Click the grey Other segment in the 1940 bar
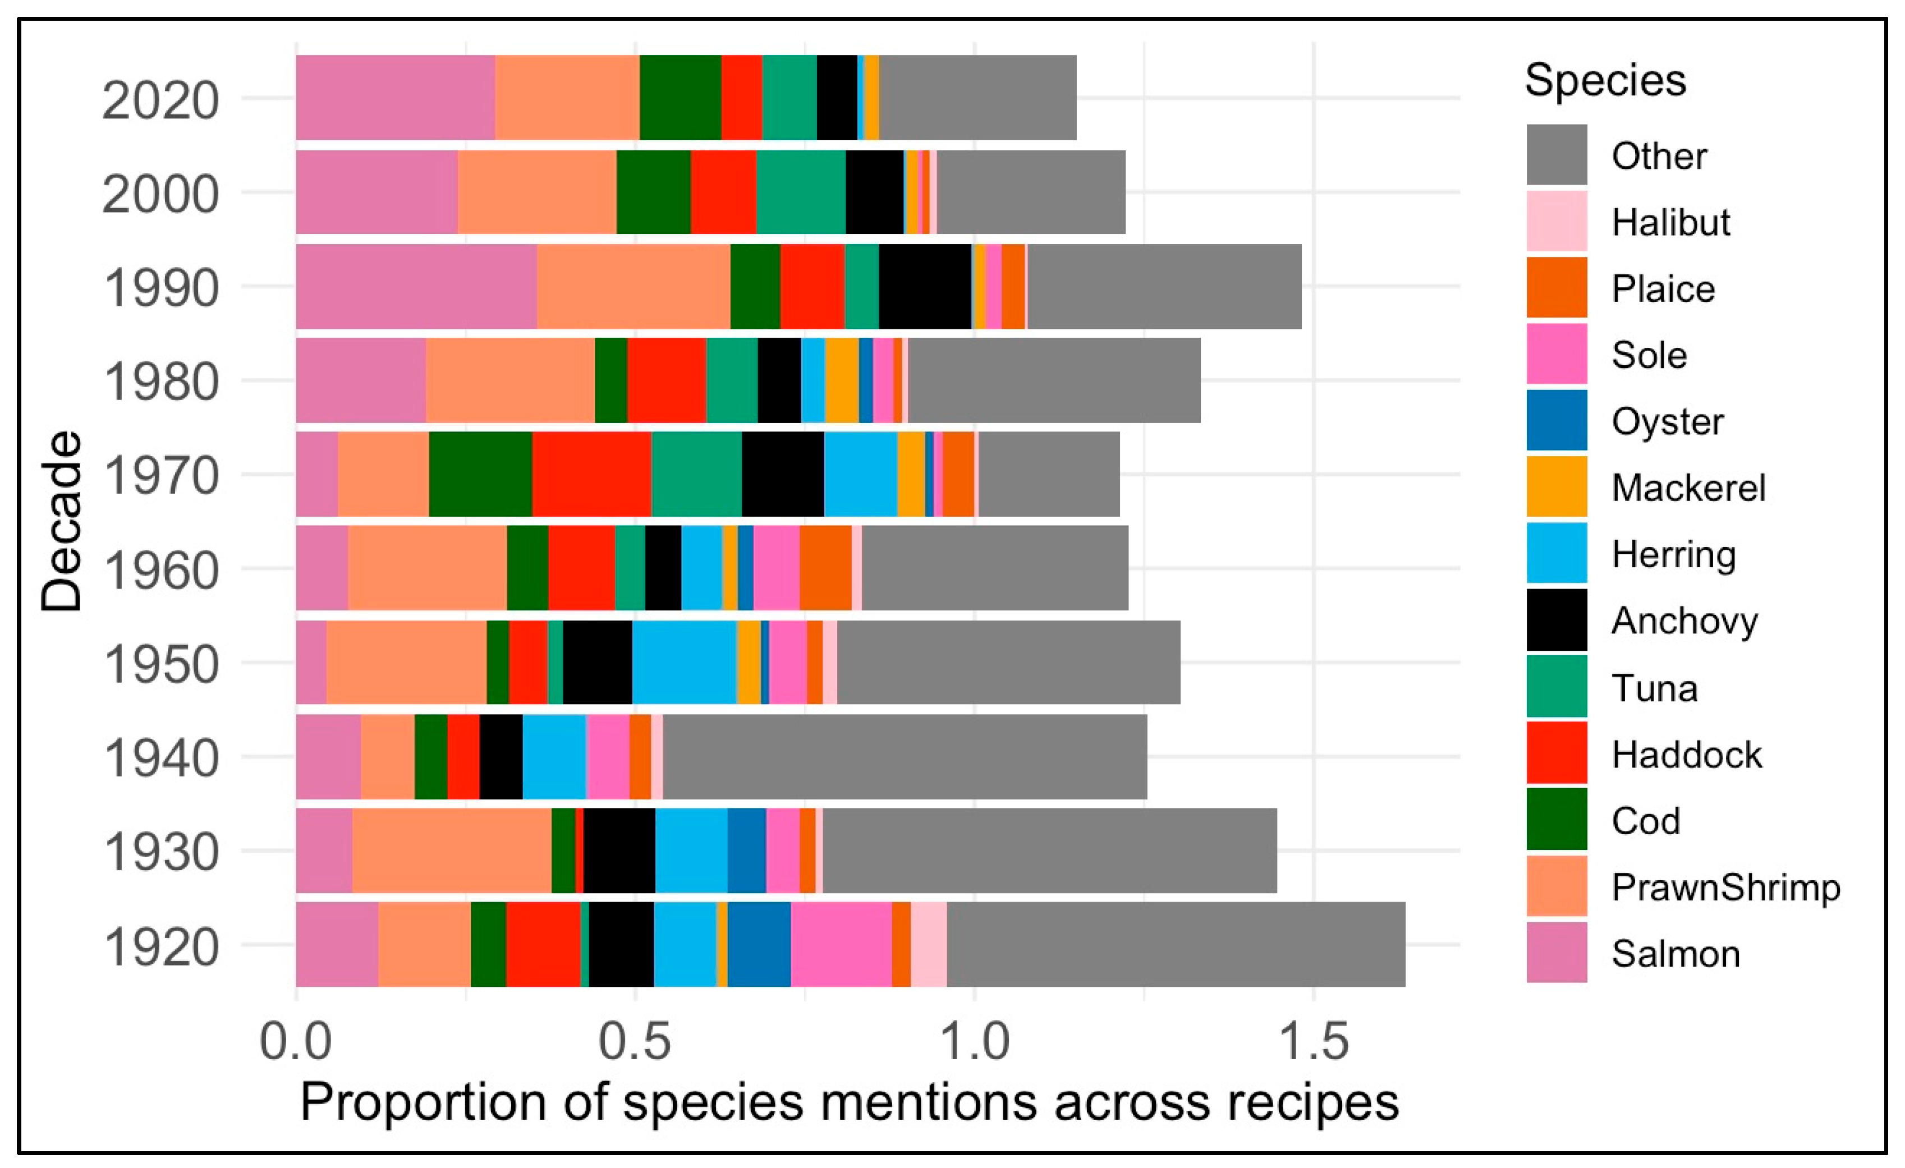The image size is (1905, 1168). coord(905,756)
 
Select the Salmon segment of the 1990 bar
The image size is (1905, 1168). coord(416,286)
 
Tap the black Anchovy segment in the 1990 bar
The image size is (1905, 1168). coord(925,286)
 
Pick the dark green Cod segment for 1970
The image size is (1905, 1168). coord(480,474)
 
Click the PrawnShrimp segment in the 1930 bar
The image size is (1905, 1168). coord(452,850)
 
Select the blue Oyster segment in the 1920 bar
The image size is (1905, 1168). coord(759,944)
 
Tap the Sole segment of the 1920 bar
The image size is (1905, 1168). coord(841,944)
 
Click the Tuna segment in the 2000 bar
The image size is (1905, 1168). coord(801,192)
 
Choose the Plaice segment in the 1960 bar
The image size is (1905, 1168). coord(825,568)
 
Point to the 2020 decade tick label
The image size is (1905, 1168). coord(161,100)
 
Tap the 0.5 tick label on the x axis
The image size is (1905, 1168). coord(634,1041)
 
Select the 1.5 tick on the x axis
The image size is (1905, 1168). coord(1314,1041)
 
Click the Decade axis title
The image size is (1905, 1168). coord(62,521)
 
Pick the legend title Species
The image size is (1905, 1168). coord(1605,80)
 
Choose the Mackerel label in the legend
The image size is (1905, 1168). coord(1688,488)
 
